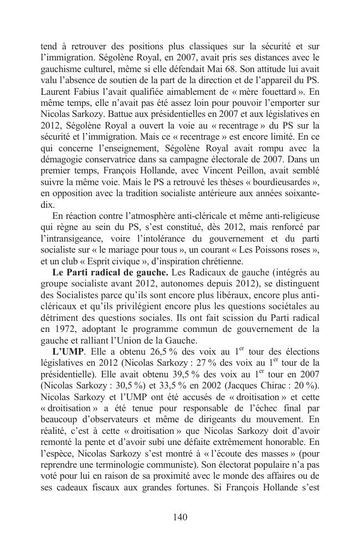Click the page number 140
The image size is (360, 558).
point(180,517)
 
